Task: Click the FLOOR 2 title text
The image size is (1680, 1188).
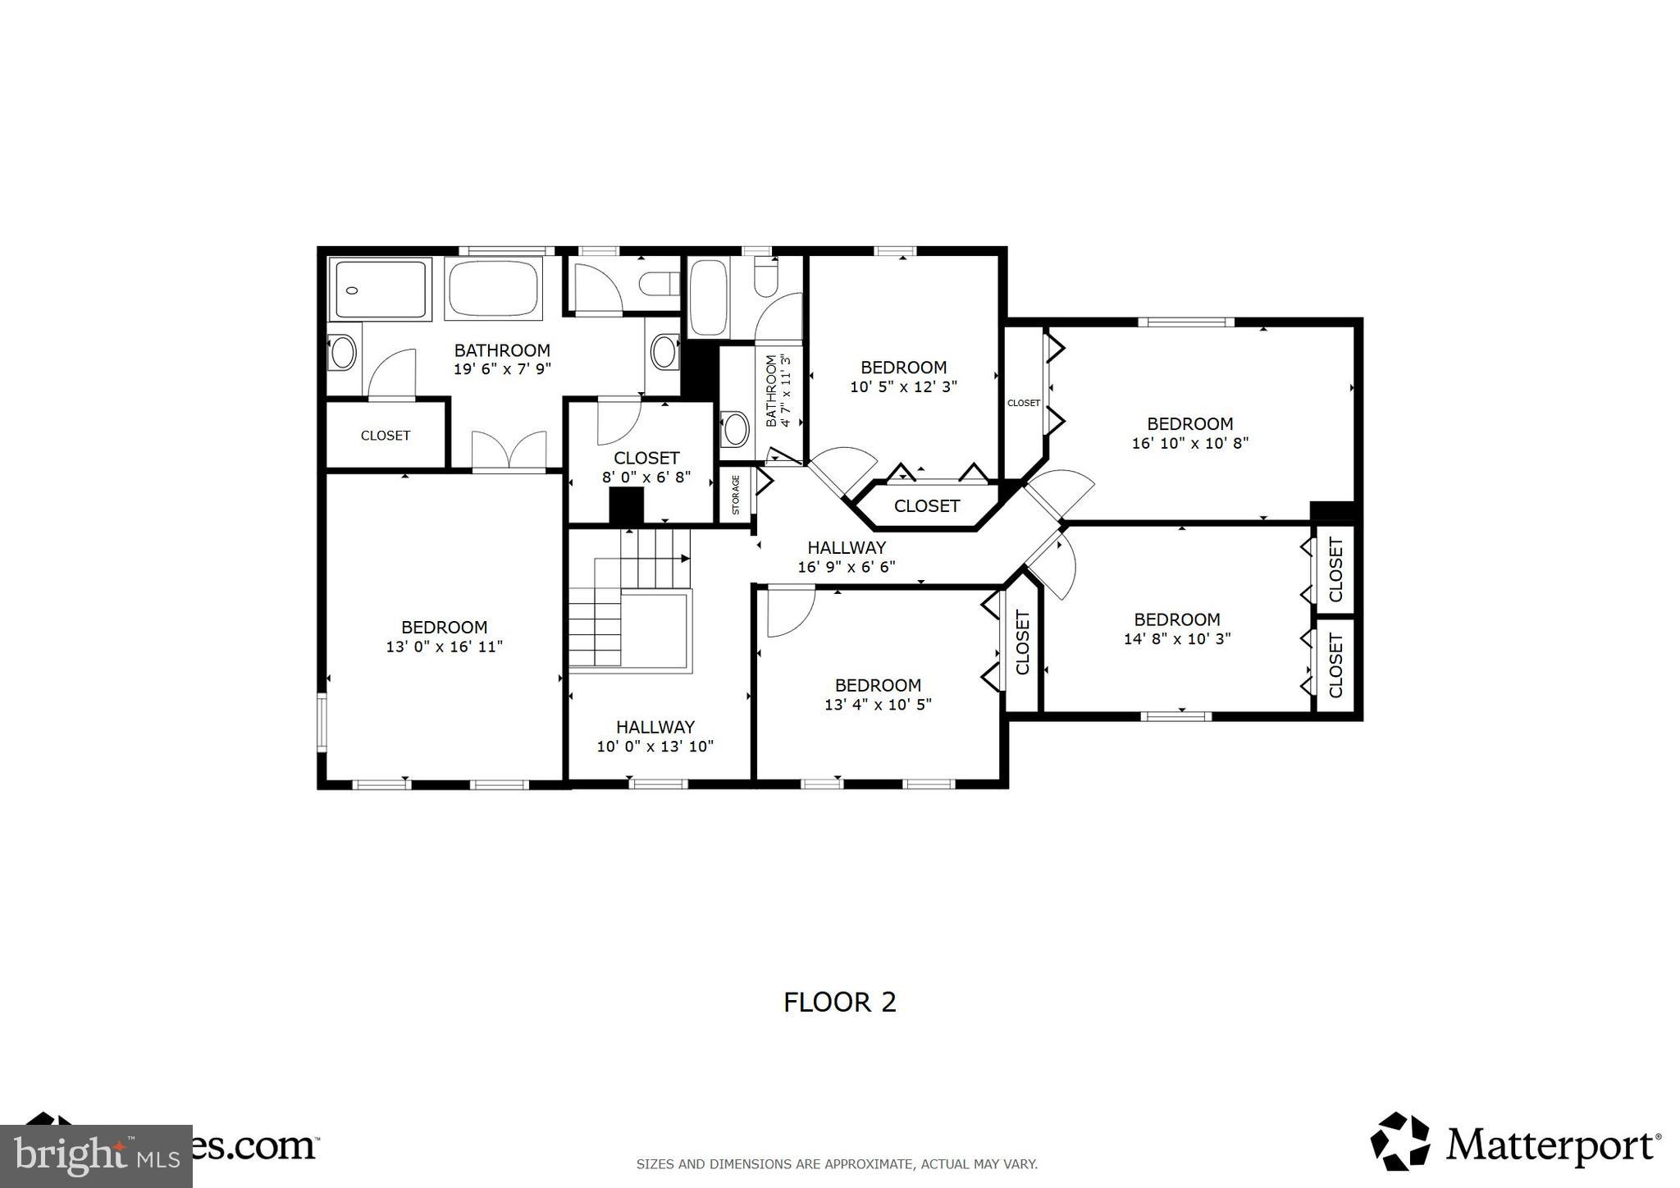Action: click(839, 1002)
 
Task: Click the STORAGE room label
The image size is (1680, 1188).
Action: click(736, 494)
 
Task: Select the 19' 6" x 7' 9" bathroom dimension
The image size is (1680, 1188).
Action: click(502, 369)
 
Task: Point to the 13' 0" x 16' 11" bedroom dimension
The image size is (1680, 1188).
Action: click(444, 647)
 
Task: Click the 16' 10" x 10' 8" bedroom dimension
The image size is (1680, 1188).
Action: click(1189, 443)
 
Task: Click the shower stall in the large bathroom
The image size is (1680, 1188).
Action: click(380, 290)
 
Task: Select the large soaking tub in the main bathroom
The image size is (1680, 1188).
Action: click(493, 288)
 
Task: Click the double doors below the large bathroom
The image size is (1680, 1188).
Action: click(509, 451)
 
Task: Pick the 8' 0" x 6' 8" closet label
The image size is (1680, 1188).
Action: click(646, 468)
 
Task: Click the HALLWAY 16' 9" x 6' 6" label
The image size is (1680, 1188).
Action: click(846, 556)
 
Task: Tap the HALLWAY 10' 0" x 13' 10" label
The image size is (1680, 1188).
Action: click(655, 736)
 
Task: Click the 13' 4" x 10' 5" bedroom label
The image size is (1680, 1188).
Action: click(878, 694)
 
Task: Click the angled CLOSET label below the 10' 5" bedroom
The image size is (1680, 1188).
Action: click(926, 506)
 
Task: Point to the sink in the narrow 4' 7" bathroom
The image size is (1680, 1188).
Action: click(735, 428)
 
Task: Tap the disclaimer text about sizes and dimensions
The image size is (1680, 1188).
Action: click(837, 1163)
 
